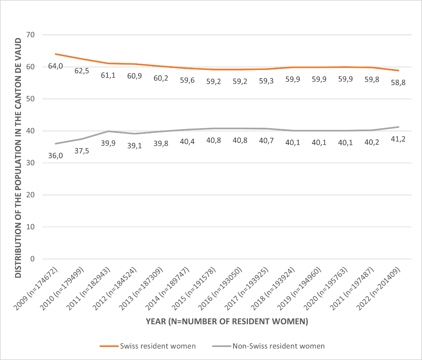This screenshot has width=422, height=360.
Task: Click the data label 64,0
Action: point(56,66)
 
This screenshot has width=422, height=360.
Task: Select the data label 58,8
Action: point(398,83)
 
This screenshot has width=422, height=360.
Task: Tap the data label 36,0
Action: point(56,155)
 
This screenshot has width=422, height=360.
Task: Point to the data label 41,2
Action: point(398,139)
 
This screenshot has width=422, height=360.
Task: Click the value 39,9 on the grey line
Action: point(108,143)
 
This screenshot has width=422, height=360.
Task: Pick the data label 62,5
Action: point(82,71)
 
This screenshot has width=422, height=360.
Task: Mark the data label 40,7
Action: point(267,141)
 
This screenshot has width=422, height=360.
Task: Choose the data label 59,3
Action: point(267,81)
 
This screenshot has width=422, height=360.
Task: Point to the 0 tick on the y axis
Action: point(33,259)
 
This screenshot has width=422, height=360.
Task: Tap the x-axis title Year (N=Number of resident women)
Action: point(227,322)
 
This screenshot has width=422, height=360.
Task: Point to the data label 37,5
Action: point(82,151)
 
